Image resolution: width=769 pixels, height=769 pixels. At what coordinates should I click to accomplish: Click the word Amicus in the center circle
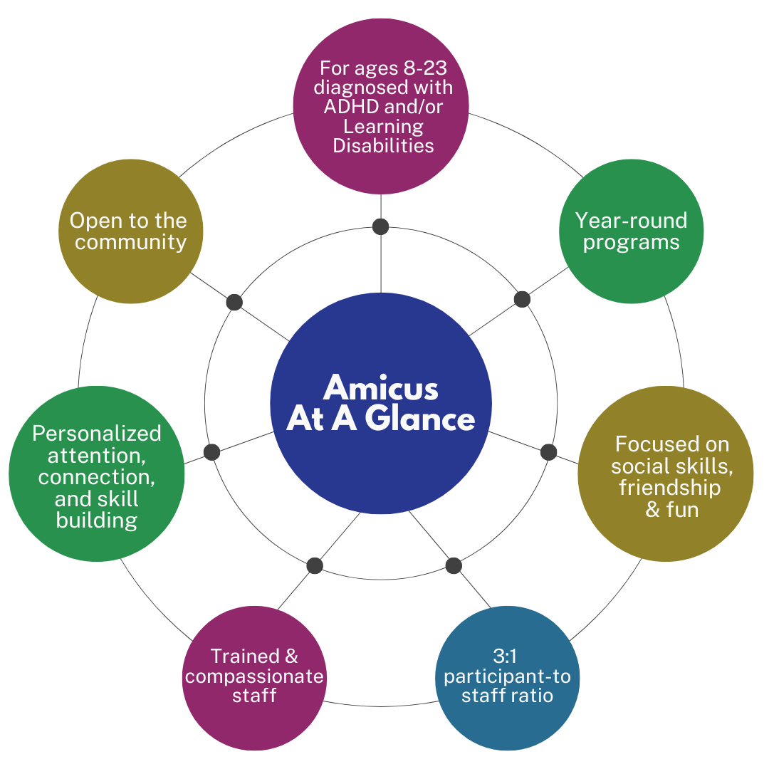coord(381,389)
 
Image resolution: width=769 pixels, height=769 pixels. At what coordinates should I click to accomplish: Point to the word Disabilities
coord(384,146)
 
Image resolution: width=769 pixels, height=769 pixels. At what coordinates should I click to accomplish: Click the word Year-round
coord(631,220)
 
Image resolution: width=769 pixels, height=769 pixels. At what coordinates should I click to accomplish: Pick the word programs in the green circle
coord(631,242)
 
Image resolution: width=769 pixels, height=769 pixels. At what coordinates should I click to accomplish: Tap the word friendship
coord(670,488)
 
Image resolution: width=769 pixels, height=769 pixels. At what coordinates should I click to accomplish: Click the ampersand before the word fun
coord(653,510)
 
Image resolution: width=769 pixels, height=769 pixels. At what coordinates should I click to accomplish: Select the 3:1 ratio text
coord(507,656)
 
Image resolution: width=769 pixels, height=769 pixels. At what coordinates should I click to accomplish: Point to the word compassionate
coord(254,676)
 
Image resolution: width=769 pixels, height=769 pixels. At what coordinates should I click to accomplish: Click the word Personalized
coord(97,434)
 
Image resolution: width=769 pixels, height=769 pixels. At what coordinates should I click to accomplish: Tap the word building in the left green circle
coord(97,520)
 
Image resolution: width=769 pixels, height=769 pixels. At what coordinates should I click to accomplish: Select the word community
coord(131,242)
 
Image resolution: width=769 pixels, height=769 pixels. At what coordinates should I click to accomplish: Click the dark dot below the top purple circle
coord(381,227)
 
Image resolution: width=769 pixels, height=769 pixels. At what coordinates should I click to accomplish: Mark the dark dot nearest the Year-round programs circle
coord(522,299)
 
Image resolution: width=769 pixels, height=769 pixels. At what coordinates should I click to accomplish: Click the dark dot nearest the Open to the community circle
coord(234,302)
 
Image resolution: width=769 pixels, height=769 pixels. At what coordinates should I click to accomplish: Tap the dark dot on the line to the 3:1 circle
coord(454,566)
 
